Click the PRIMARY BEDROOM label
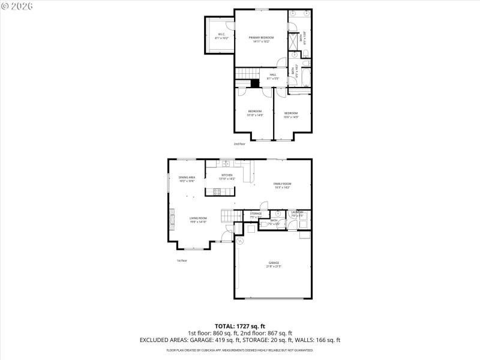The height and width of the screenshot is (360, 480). (261, 39)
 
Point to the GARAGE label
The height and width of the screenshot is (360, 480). (274, 264)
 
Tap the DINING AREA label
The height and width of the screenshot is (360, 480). (187, 179)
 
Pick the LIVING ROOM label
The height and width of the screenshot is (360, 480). (198, 220)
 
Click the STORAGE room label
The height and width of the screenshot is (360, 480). (256, 215)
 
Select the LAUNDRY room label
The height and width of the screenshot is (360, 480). (298, 214)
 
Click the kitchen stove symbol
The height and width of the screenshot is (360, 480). (217, 192)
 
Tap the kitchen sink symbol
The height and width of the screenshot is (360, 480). (227, 163)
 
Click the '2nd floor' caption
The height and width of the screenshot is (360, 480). (240, 144)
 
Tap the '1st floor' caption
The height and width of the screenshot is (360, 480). (182, 260)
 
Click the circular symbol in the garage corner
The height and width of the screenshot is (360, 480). (240, 241)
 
